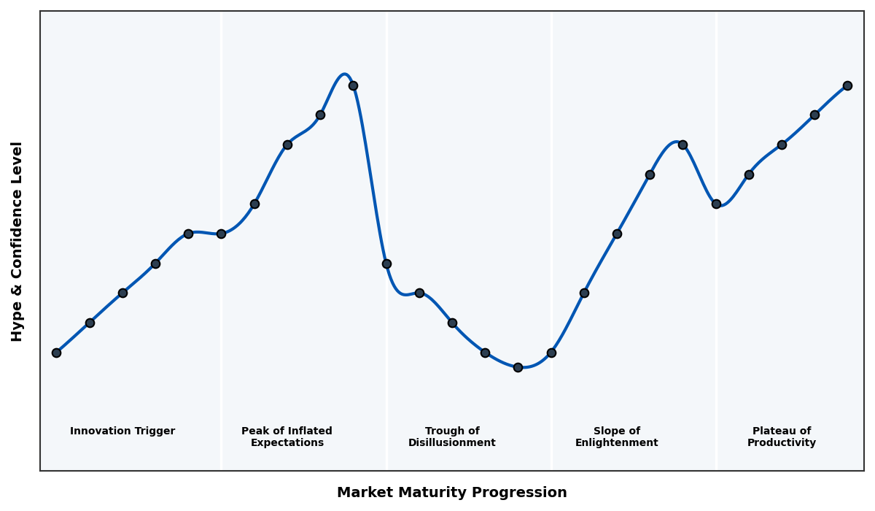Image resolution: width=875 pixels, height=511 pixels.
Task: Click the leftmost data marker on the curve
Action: pyautogui.click(x=56, y=353)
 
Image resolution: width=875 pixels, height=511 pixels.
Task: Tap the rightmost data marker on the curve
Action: pyautogui.click(x=847, y=85)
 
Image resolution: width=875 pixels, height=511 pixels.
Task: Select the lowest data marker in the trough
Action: pyautogui.click(x=518, y=367)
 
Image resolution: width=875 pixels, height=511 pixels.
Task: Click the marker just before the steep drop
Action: pyautogui.click(x=353, y=85)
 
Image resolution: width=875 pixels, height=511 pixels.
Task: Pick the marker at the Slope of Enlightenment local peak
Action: pyautogui.click(x=682, y=145)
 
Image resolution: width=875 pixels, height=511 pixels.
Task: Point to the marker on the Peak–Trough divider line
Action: pyautogui.click(x=386, y=264)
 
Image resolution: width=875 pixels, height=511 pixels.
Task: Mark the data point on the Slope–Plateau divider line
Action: pyautogui.click(x=716, y=204)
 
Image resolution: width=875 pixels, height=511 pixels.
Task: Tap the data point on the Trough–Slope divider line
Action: pyautogui.click(x=551, y=353)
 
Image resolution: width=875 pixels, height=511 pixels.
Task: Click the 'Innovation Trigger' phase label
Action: pyautogui.click(x=122, y=431)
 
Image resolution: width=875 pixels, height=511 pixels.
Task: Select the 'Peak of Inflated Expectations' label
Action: pyautogui.click(x=287, y=437)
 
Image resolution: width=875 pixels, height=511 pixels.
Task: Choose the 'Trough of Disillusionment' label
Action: pyautogui.click(x=452, y=437)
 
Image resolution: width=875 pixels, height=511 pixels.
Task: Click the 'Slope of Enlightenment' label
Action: pyautogui.click(x=617, y=437)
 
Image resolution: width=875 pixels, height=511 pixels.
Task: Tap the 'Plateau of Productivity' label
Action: pyautogui.click(x=782, y=437)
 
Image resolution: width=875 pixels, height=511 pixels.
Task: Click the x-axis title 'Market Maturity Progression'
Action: pyautogui.click(x=452, y=493)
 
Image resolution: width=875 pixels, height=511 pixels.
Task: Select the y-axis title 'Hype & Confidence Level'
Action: pyautogui.click(x=17, y=241)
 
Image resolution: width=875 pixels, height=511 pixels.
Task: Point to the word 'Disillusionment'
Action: pyautogui.click(x=452, y=443)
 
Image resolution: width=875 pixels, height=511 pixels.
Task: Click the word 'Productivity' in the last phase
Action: pyautogui.click(x=782, y=443)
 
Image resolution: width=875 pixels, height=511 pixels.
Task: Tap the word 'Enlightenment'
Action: pyautogui.click(x=617, y=443)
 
